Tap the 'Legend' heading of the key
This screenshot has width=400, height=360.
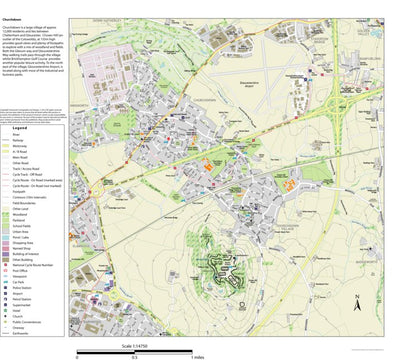point(18,129)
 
